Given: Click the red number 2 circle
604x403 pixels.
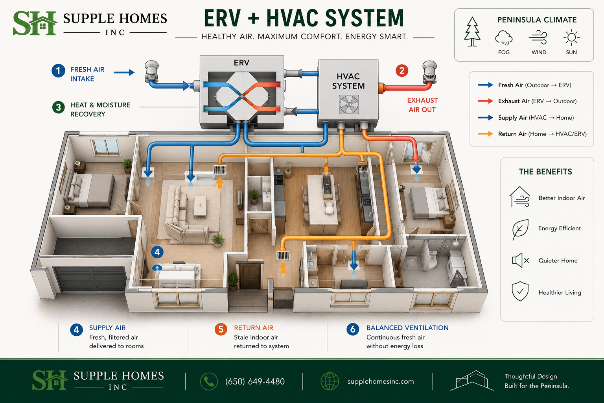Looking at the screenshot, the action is click(x=402, y=70).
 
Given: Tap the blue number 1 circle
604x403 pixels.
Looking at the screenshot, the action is click(x=58, y=71).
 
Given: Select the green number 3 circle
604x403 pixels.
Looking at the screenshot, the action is click(x=59, y=107).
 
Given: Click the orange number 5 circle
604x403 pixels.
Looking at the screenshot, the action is click(x=221, y=329).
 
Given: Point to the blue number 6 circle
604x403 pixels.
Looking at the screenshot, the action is click(x=353, y=329).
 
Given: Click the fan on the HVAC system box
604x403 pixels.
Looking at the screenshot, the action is click(x=349, y=104).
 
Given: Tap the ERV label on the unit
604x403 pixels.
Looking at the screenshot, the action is click(x=241, y=63).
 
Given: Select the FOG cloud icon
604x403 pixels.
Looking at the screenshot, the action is click(x=504, y=38).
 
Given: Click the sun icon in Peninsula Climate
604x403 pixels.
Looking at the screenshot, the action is click(x=571, y=37).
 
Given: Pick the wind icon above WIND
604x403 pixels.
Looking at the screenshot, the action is click(x=538, y=37).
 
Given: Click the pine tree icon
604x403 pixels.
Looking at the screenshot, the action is click(x=472, y=31).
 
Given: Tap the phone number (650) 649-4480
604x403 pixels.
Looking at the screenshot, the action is click(x=255, y=381).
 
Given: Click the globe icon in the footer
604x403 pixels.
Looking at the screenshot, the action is click(x=330, y=381).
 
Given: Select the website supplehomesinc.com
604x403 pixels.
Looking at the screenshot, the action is click(x=381, y=381).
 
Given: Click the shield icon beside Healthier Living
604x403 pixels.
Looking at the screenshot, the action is click(x=520, y=291).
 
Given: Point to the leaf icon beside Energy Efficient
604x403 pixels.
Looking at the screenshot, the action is click(x=520, y=229).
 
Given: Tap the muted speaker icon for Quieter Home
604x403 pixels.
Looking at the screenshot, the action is click(x=520, y=260).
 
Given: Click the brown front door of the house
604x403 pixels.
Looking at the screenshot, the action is click(x=250, y=277).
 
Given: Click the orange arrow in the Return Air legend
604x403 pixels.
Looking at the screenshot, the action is click(x=485, y=134).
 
